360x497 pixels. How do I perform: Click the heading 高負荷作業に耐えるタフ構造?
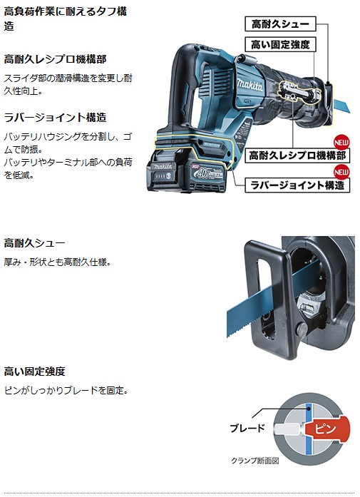[x=66, y=19]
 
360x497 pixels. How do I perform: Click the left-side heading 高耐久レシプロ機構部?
[x=55, y=59]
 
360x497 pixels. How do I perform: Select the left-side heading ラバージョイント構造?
[x=55, y=118]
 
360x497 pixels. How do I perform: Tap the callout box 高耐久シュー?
[x=280, y=24]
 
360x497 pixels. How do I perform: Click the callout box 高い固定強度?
[x=280, y=44]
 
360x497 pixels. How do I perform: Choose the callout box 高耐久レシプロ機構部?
[x=297, y=155]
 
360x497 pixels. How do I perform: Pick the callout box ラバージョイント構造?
[x=297, y=185]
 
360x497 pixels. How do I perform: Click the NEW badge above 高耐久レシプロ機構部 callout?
[x=341, y=143]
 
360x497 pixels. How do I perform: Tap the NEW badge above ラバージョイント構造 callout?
[x=341, y=172]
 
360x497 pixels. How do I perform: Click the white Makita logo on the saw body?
[x=250, y=85]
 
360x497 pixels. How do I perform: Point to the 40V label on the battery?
[x=202, y=173]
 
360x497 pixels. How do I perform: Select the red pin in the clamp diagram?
[x=327, y=429]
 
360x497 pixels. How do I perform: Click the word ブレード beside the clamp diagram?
[x=247, y=429]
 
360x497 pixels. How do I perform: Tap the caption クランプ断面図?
[x=254, y=461]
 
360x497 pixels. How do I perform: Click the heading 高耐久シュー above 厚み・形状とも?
[x=34, y=243]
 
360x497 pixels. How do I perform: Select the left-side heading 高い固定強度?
[x=34, y=372]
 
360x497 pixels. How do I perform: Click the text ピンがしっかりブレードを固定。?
[x=66, y=390]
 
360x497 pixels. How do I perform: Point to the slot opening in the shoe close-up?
[x=264, y=299]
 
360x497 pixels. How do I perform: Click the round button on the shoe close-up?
[x=300, y=329]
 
